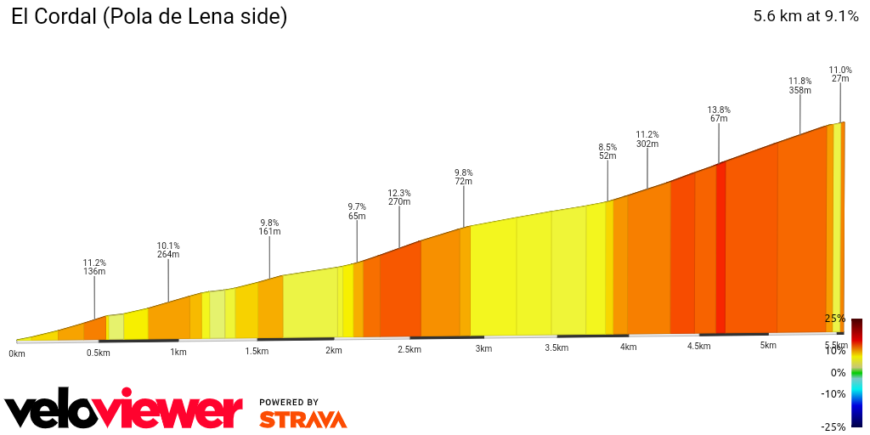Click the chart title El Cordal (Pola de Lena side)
(149, 17)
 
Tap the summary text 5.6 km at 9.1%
(805, 16)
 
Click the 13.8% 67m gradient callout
(719, 115)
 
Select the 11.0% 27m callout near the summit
(840, 74)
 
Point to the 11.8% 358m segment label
(799, 86)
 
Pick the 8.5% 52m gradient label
(607, 151)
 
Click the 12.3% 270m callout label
(399, 197)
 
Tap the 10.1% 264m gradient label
(168, 249)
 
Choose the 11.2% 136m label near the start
(94, 267)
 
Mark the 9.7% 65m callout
(357, 212)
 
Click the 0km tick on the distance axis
(17, 353)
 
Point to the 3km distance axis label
(483, 349)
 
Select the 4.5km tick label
(698, 347)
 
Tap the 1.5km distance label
(257, 351)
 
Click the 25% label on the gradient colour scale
(834, 319)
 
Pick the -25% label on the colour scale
(833, 427)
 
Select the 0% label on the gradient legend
(838, 373)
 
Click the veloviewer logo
(124, 411)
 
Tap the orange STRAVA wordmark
(302, 420)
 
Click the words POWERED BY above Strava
(289, 402)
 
